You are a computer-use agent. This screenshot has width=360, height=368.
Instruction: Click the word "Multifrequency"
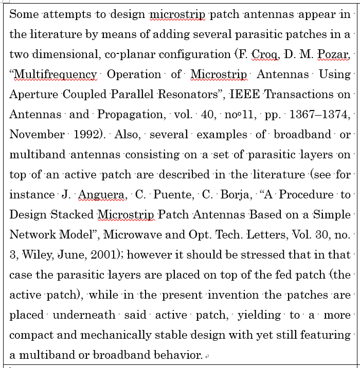click(x=55, y=75)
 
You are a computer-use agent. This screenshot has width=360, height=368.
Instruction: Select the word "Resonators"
click(x=183, y=95)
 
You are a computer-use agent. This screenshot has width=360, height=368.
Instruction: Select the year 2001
click(x=92, y=255)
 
